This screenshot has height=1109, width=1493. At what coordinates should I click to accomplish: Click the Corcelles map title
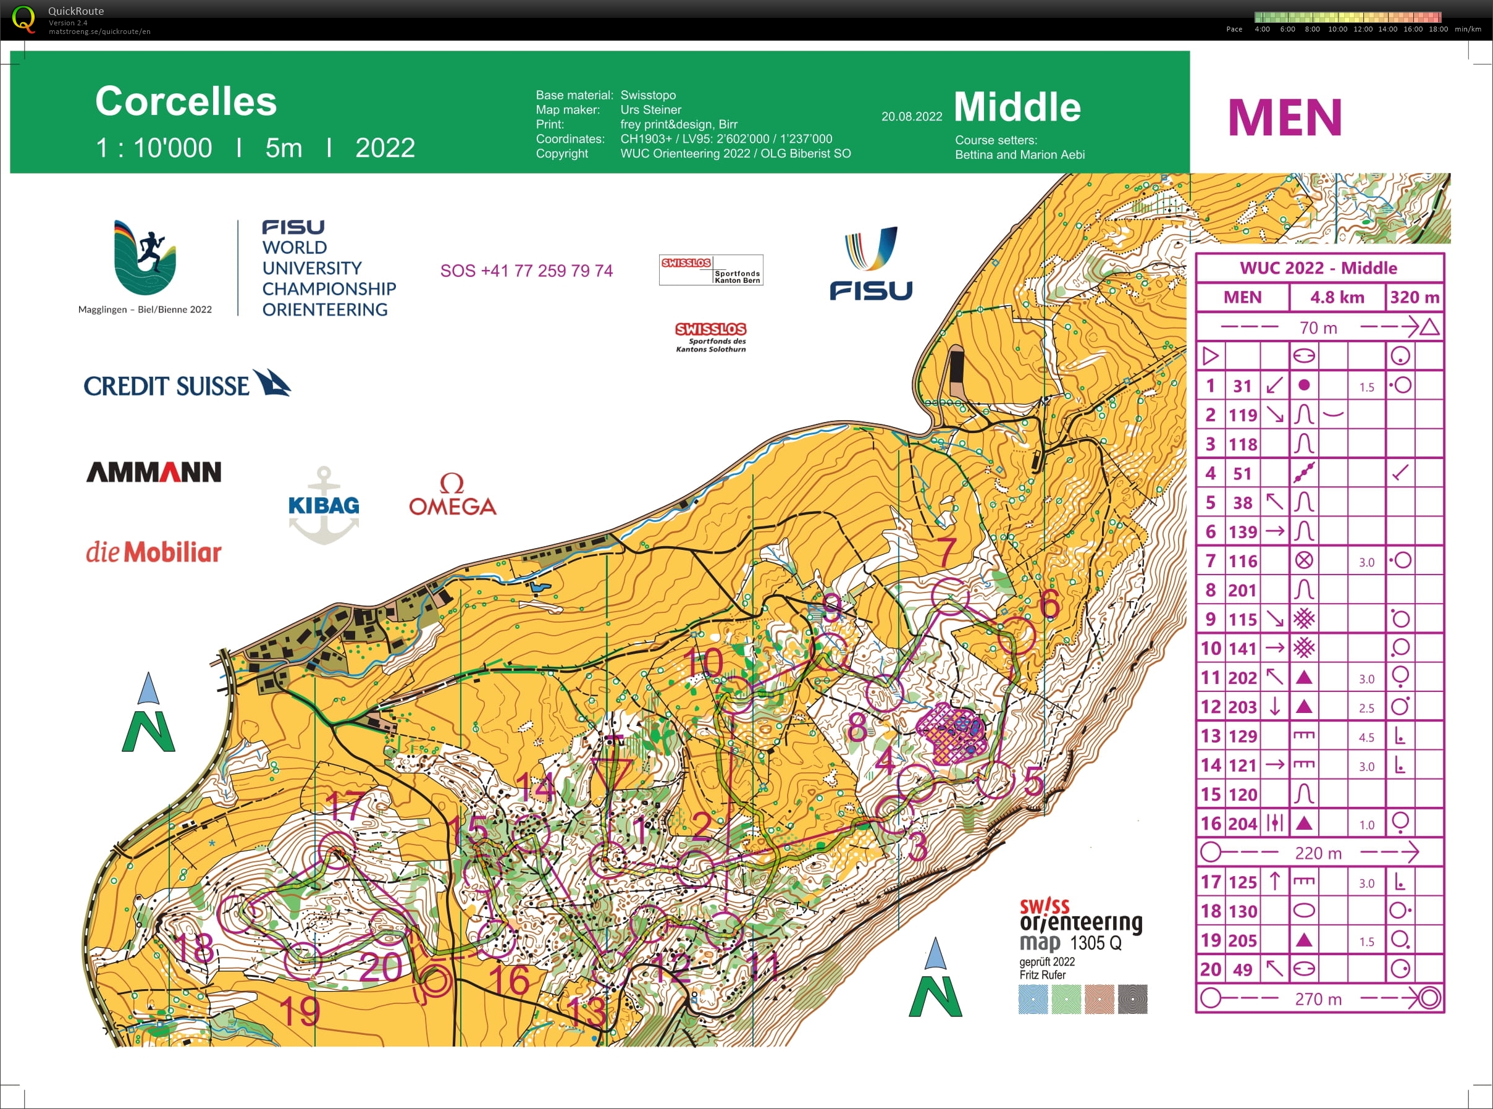click(186, 101)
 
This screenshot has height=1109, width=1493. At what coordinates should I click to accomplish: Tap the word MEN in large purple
click(1284, 117)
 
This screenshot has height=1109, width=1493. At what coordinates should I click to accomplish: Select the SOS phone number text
click(526, 271)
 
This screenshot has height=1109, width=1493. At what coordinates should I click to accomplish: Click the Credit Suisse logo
click(187, 384)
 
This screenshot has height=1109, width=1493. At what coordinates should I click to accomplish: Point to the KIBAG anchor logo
click(324, 505)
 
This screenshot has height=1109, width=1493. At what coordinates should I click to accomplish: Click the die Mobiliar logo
click(154, 552)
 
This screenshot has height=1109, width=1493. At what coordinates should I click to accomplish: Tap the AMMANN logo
click(154, 471)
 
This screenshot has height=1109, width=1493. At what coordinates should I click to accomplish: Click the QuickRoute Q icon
click(23, 19)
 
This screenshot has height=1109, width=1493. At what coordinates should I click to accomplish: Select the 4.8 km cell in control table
click(1337, 297)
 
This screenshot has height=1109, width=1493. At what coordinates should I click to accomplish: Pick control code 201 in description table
click(1242, 589)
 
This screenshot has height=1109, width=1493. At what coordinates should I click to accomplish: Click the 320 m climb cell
click(1415, 297)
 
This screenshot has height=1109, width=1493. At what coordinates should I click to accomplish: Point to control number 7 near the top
click(946, 552)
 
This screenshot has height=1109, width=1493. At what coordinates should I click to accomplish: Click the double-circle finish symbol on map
click(435, 982)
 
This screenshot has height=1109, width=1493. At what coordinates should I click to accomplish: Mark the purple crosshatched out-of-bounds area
click(951, 733)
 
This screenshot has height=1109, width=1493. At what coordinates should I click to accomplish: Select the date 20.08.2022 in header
click(911, 116)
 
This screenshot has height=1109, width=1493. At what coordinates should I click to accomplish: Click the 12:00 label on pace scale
click(1362, 29)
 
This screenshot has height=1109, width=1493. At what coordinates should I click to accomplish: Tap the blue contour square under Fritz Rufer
click(1032, 999)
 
